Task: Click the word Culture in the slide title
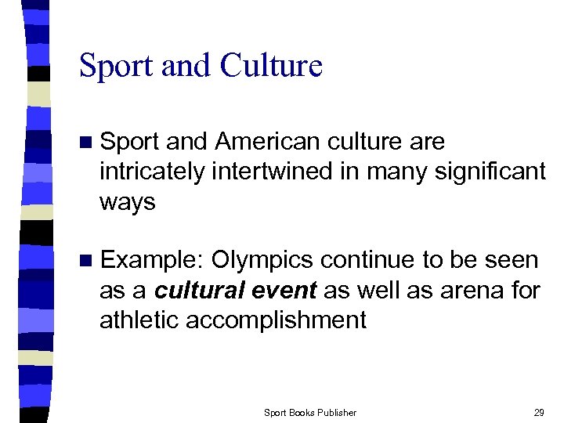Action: tap(271, 66)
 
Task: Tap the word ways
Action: tap(128, 202)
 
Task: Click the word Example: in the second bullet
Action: tap(153, 260)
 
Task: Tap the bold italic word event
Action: tap(286, 291)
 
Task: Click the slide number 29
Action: tap(538, 412)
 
